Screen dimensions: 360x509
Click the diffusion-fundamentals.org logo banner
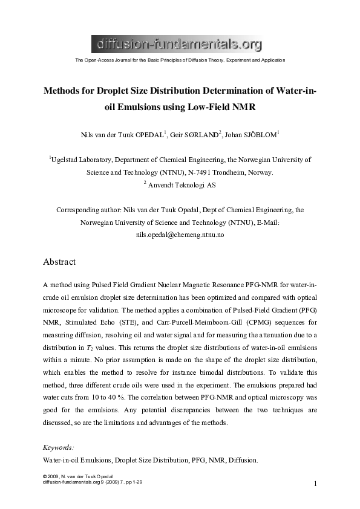coord(179,43)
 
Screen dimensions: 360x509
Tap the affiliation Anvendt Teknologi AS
coord(182,186)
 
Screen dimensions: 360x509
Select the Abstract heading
coord(59,262)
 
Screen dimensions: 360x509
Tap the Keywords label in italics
coord(59,447)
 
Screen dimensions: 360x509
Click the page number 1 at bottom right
coord(315,484)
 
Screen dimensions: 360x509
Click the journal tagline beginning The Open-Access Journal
coord(179,60)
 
